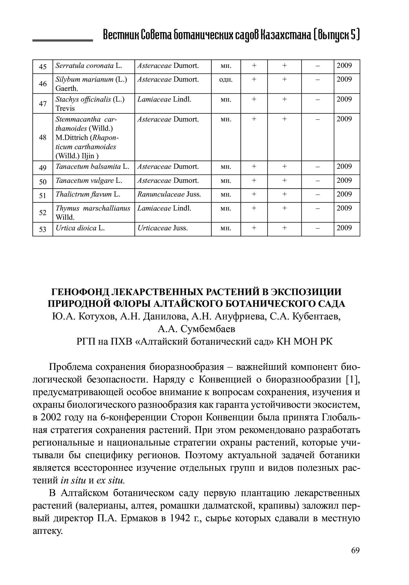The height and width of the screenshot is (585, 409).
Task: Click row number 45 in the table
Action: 43,67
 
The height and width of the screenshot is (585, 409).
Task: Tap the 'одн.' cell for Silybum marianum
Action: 226,80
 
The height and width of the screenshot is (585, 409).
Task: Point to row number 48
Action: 43,138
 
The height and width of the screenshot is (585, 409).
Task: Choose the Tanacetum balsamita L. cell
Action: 92,167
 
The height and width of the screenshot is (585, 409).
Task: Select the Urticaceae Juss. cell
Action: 163,228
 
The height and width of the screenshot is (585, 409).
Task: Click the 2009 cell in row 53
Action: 344,228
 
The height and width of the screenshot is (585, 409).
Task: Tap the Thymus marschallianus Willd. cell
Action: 93,213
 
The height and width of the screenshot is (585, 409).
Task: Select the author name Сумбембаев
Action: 208,329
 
